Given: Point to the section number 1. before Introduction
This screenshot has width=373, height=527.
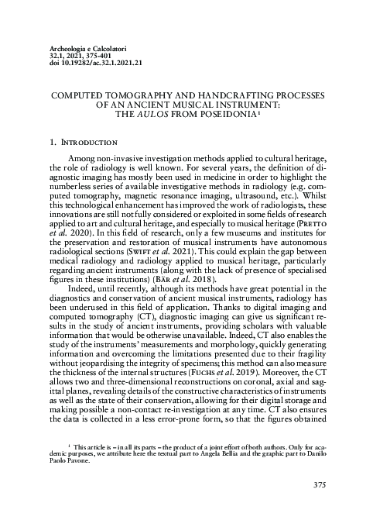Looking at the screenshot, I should click(53, 143).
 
